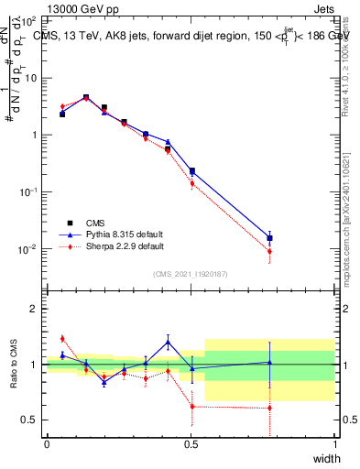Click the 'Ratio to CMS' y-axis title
click(x=14, y=364)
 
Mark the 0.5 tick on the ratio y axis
click(x=33, y=420)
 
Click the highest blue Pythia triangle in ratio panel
click(x=168, y=342)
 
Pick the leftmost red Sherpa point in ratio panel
click(x=62, y=338)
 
